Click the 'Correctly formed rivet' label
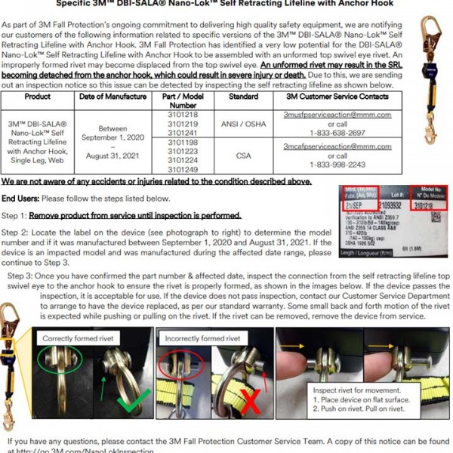tap(67, 339)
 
